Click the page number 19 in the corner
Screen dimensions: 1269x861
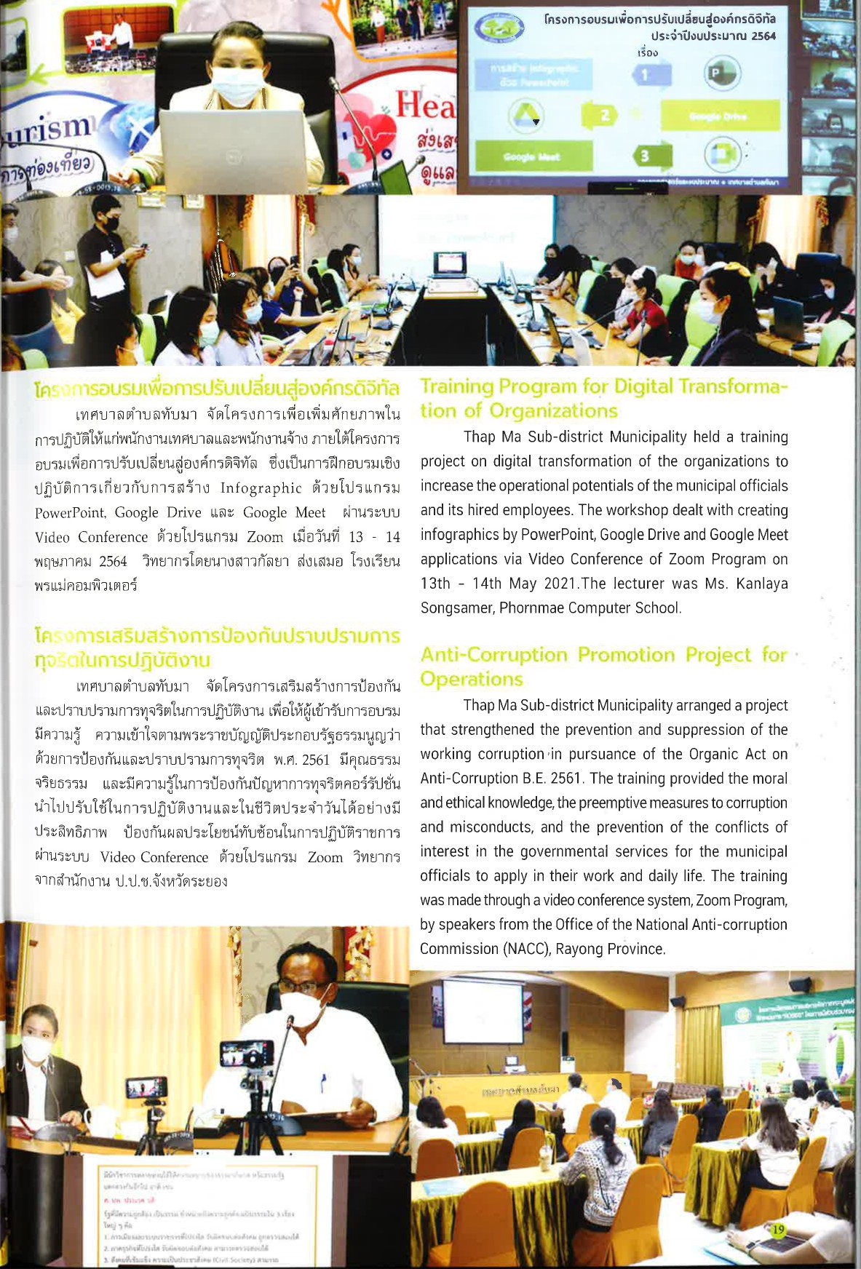(x=778, y=1230)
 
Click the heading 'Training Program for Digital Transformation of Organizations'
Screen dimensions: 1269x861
(x=603, y=398)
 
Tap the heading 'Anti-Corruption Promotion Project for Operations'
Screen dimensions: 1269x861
(x=603, y=666)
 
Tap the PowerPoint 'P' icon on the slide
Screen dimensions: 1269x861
(x=722, y=73)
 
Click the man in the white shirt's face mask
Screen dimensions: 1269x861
(x=302, y=1008)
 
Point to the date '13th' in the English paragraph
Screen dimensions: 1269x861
(x=436, y=584)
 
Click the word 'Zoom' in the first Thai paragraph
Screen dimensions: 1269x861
(x=265, y=537)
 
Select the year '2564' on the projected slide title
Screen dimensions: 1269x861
(x=763, y=36)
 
